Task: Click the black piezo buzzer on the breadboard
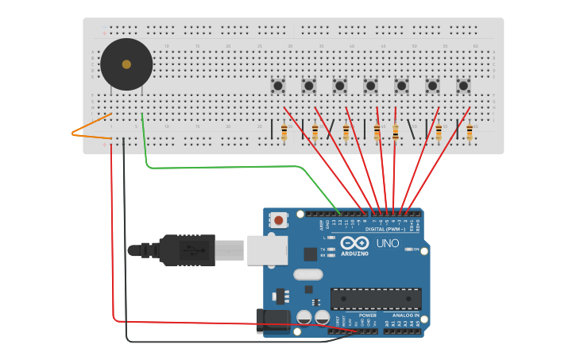point(126,64)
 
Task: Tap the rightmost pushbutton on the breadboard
point(463,85)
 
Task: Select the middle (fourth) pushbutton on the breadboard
point(370,85)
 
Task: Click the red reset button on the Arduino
point(278,220)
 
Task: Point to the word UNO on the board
point(388,243)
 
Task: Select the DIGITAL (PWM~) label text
point(385,229)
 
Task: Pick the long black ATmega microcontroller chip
point(376,299)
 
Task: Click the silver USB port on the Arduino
point(266,249)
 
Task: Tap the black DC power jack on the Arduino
point(271,321)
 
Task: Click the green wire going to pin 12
point(238,168)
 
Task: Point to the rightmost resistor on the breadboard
point(470,132)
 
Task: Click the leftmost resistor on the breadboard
point(284,132)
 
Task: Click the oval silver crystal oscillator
point(308,275)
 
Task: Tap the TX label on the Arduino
point(322,249)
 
